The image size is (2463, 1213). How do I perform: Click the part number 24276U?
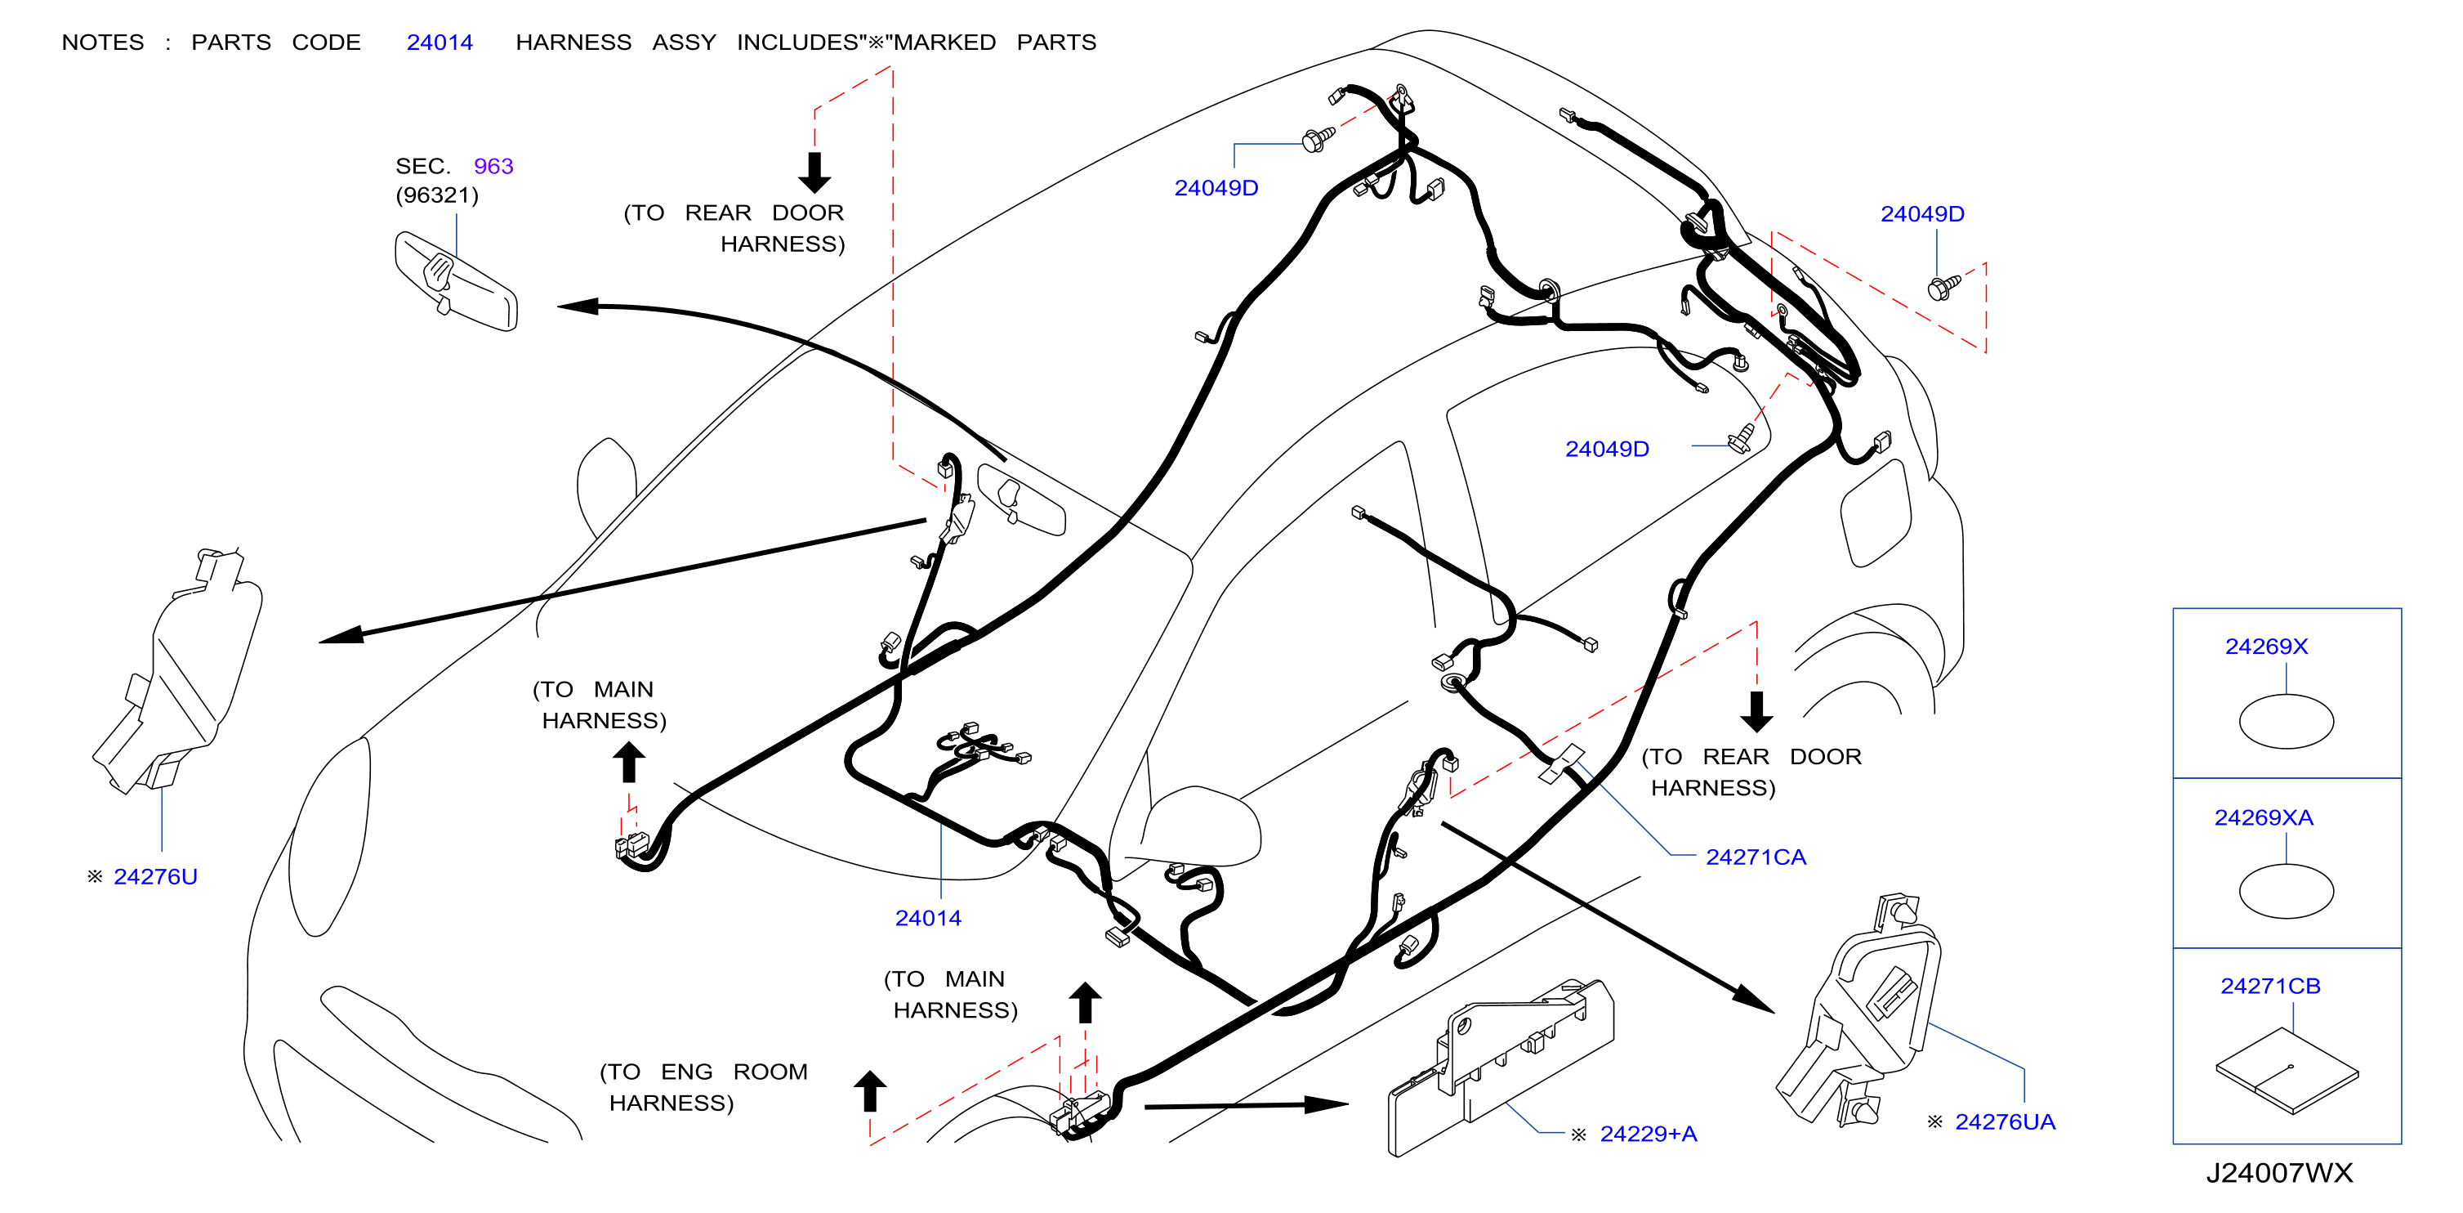point(155,876)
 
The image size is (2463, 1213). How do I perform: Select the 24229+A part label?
point(1649,1134)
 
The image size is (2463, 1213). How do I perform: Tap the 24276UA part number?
point(2005,1121)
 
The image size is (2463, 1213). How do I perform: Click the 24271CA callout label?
point(1756,857)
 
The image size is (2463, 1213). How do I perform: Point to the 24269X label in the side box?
point(2266,647)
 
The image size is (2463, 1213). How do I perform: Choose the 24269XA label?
point(2263,818)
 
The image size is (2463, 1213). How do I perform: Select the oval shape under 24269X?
point(2286,721)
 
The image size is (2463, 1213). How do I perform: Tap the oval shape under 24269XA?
point(2286,891)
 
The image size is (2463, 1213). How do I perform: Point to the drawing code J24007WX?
point(2278,1173)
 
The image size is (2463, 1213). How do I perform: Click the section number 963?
point(493,167)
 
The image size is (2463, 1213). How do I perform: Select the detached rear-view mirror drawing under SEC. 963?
point(456,281)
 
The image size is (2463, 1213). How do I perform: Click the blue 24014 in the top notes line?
point(440,42)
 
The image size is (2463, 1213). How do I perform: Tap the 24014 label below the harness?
point(927,919)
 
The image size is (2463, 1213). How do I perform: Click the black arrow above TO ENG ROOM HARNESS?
point(870,1090)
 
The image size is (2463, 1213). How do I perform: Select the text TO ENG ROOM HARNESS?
point(703,1088)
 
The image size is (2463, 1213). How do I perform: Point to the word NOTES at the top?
point(103,42)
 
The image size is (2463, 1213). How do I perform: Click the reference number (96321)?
point(437,195)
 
